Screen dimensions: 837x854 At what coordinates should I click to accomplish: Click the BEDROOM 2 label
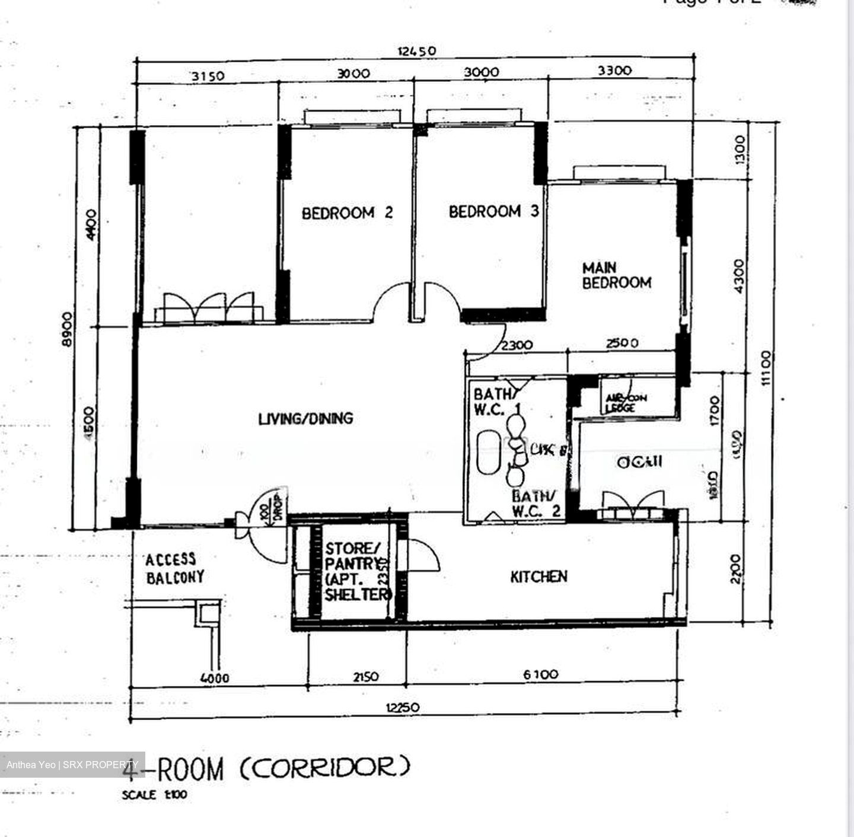(347, 213)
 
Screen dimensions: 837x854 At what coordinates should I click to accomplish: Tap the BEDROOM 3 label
(493, 212)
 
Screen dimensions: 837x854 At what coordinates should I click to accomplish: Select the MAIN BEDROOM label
(616, 276)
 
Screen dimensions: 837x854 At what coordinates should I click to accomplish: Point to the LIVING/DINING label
(305, 419)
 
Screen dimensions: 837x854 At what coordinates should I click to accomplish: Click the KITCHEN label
(538, 577)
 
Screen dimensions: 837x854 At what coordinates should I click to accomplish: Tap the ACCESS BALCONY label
(175, 568)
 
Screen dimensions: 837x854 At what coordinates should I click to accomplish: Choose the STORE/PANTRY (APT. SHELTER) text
(356, 571)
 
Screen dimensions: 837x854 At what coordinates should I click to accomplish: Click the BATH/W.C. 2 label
(537, 504)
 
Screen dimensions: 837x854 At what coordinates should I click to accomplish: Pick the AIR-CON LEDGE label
(626, 403)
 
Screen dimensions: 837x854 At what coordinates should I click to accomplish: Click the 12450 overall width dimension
(416, 51)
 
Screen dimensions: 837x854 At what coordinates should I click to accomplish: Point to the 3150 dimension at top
(208, 76)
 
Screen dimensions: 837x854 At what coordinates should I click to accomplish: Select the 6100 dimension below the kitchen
(540, 674)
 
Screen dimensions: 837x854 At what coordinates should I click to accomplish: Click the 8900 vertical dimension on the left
(68, 330)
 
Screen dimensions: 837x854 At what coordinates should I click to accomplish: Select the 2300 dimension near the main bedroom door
(517, 345)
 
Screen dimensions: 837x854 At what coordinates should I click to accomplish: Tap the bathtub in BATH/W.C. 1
(489, 453)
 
